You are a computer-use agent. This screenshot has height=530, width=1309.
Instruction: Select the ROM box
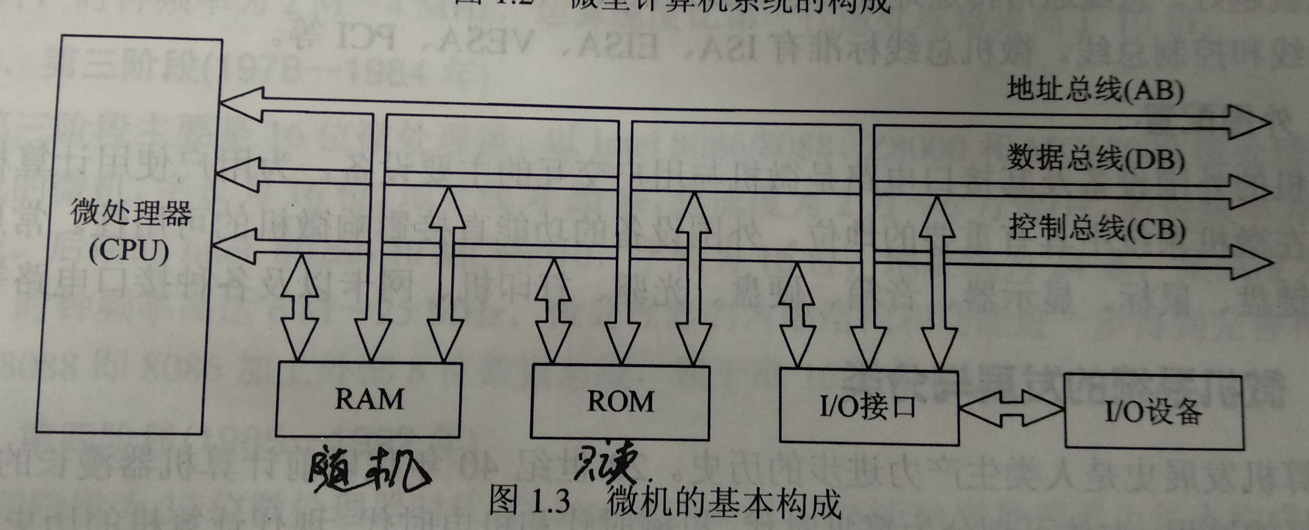coord(620,402)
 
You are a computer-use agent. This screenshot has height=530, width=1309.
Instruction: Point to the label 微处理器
coord(131,213)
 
